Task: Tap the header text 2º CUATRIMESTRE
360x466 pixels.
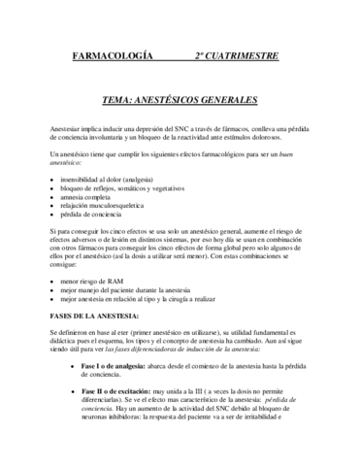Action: tap(236, 55)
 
